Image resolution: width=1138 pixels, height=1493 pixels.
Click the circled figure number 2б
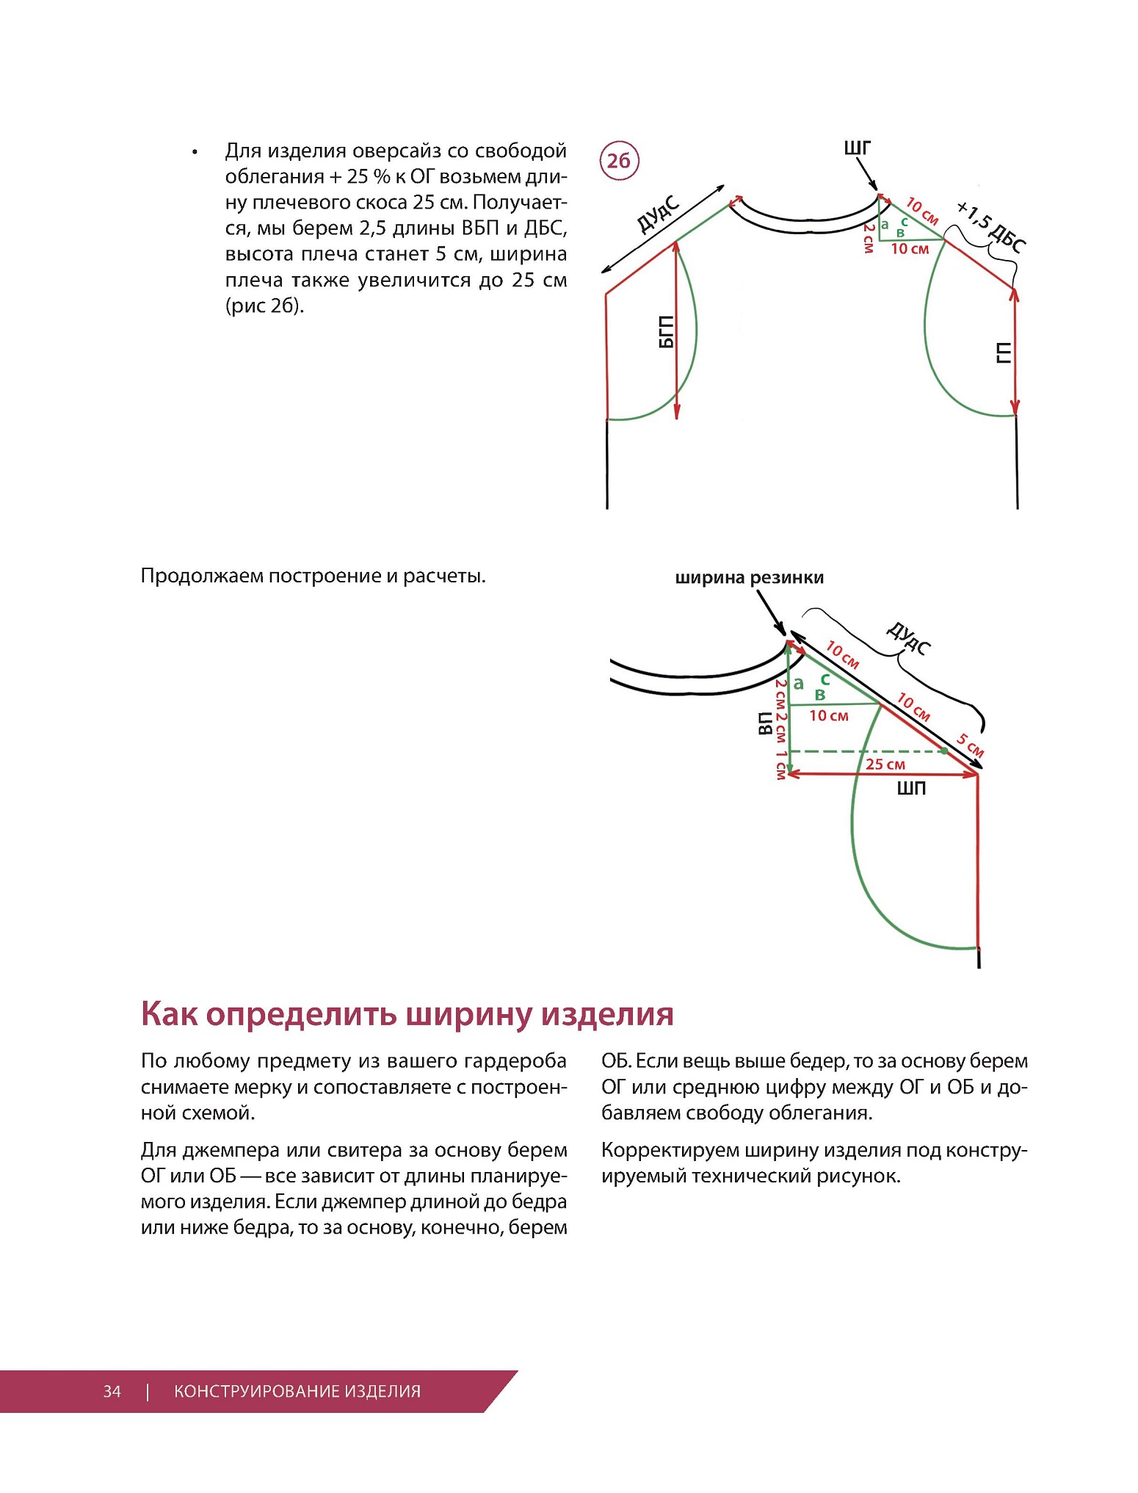619,160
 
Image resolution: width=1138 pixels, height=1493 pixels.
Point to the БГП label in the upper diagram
666,332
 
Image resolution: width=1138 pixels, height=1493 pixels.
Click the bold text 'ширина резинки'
749,578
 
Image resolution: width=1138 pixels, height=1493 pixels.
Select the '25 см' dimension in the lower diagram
885,764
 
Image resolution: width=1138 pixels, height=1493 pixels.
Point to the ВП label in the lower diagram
764,723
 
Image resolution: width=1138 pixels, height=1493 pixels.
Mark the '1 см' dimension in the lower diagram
780,765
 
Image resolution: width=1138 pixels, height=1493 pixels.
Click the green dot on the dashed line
943,751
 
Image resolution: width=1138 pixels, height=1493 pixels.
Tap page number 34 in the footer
112,1391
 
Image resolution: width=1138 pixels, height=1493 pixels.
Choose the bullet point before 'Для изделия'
195,152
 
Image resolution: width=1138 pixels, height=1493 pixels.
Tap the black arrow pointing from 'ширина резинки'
770,612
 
